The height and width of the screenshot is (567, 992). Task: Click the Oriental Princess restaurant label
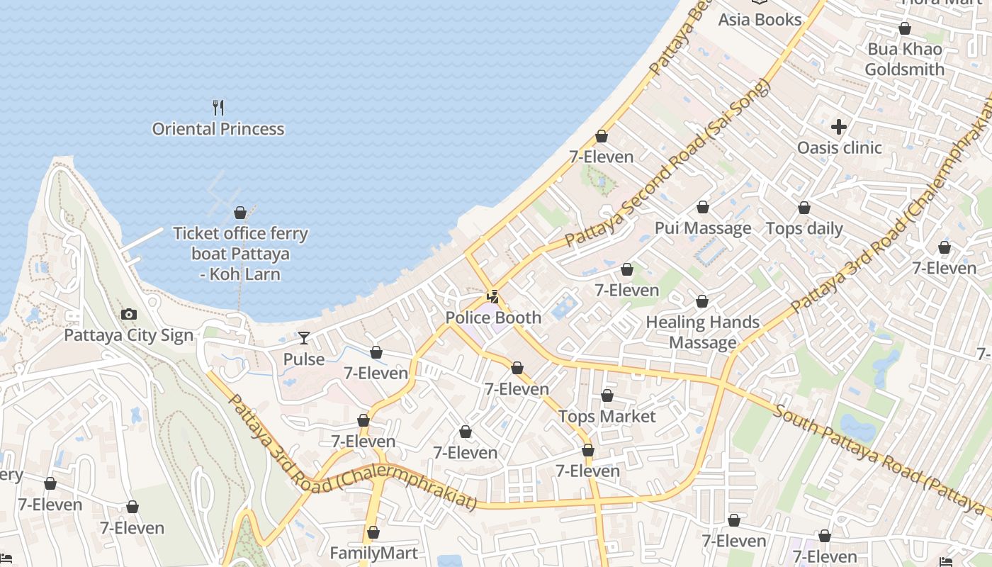click(x=218, y=129)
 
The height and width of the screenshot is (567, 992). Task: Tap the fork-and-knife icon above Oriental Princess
click(x=218, y=108)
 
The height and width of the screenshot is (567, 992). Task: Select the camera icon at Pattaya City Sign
click(x=128, y=314)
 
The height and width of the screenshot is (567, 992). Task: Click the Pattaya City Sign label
click(x=128, y=335)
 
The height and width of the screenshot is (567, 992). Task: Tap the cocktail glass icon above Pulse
click(x=304, y=338)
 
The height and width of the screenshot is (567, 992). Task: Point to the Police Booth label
click(x=493, y=318)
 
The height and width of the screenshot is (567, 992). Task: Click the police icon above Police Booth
click(x=492, y=297)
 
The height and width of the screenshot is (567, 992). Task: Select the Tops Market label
click(x=607, y=416)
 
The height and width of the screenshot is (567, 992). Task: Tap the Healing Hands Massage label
click(x=702, y=332)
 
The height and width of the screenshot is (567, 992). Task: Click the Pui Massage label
click(x=703, y=228)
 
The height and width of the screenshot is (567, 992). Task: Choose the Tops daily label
click(x=804, y=229)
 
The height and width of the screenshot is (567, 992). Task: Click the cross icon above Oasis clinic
click(x=839, y=127)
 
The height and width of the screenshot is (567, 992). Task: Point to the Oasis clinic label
click(x=840, y=147)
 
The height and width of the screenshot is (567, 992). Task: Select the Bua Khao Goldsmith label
click(x=905, y=59)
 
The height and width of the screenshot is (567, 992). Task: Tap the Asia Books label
click(x=760, y=20)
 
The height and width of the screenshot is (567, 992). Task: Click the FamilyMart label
click(x=373, y=553)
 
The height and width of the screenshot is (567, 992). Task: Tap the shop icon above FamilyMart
click(x=373, y=532)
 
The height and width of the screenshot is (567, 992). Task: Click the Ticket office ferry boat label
click(x=240, y=253)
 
